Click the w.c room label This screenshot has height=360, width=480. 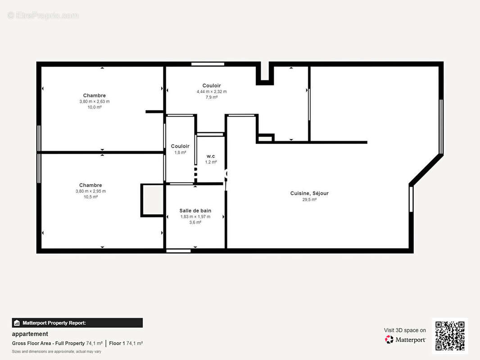[211, 156]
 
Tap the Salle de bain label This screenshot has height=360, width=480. [195, 211]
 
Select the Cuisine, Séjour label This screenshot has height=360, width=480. [309, 193]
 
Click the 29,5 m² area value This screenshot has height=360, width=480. [309, 199]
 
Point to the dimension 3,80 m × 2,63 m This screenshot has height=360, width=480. [95, 101]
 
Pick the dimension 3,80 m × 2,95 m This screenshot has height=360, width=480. [91, 191]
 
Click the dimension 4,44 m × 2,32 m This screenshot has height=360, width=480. [212, 91]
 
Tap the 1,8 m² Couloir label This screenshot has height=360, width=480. [180, 146]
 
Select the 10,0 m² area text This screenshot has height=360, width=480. [95, 107]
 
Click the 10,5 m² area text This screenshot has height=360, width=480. [91, 197]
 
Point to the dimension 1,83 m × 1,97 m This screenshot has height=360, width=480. [195, 216]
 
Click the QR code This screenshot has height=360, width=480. [450, 336]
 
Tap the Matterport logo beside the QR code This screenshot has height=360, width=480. [405, 340]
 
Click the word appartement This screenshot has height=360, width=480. [30, 334]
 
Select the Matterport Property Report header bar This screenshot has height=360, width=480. [77, 323]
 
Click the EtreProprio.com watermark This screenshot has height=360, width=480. [43, 15]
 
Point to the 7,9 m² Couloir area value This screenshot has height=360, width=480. [212, 97]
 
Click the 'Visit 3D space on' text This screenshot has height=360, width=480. [405, 330]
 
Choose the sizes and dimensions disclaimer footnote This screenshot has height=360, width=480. [56, 351]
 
